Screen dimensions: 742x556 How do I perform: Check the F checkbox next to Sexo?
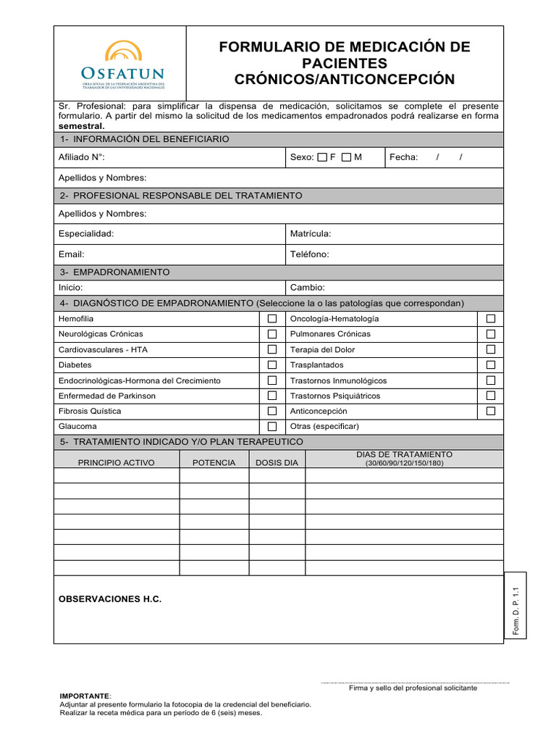[322, 157]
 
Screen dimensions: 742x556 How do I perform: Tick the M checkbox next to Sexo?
[346, 157]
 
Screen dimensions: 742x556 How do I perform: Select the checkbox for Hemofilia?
[272, 319]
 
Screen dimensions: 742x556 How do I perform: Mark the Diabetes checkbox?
[272, 365]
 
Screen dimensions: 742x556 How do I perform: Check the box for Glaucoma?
[272, 427]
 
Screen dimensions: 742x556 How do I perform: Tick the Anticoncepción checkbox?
[491, 411]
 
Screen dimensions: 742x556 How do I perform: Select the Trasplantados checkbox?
[491, 365]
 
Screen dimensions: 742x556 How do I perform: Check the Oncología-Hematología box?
[491, 319]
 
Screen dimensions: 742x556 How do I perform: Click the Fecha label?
[403, 157]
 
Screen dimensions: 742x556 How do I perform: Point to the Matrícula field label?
[311, 234]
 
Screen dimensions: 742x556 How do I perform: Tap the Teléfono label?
[310, 254]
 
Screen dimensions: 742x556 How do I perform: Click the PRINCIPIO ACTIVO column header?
[117, 462]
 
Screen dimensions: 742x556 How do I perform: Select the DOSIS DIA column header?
[277, 462]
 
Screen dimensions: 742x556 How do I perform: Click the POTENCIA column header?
[214, 462]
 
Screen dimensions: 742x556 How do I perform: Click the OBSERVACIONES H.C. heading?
[110, 599]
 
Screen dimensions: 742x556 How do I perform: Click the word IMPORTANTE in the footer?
[84, 696]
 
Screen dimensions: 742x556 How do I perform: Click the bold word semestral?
[81, 125]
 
